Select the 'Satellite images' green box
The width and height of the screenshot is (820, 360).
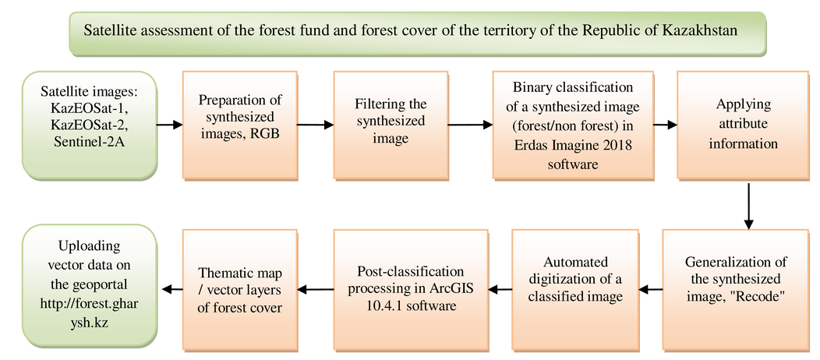(x=90, y=126)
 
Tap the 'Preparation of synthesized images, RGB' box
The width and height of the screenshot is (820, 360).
(x=240, y=125)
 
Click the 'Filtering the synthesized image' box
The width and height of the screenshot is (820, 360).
(x=391, y=125)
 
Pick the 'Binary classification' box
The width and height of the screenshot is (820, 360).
(x=573, y=125)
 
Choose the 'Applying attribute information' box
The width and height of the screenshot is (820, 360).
(x=743, y=125)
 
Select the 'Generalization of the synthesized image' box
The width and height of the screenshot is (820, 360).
(x=736, y=289)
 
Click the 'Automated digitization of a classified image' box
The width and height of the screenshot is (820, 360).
(x=575, y=289)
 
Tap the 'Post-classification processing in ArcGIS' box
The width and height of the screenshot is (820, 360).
(x=411, y=289)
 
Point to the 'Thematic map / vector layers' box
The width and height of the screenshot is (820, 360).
(x=240, y=289)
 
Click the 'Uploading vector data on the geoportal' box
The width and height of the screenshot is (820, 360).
(x=90, y=286)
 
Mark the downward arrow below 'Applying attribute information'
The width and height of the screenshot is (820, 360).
(x=748, y=206)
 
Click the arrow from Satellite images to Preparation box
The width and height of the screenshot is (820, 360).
(x=169, y=125)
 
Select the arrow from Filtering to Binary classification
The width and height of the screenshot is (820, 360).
(x=470, y=125)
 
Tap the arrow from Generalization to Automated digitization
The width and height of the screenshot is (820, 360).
(x=651, y=289)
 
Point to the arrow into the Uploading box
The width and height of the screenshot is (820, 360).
(x=172, y=289)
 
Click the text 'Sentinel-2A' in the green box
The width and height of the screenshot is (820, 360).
(x=89, y=141)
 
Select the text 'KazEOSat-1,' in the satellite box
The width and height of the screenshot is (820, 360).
(x=90, y=109)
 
